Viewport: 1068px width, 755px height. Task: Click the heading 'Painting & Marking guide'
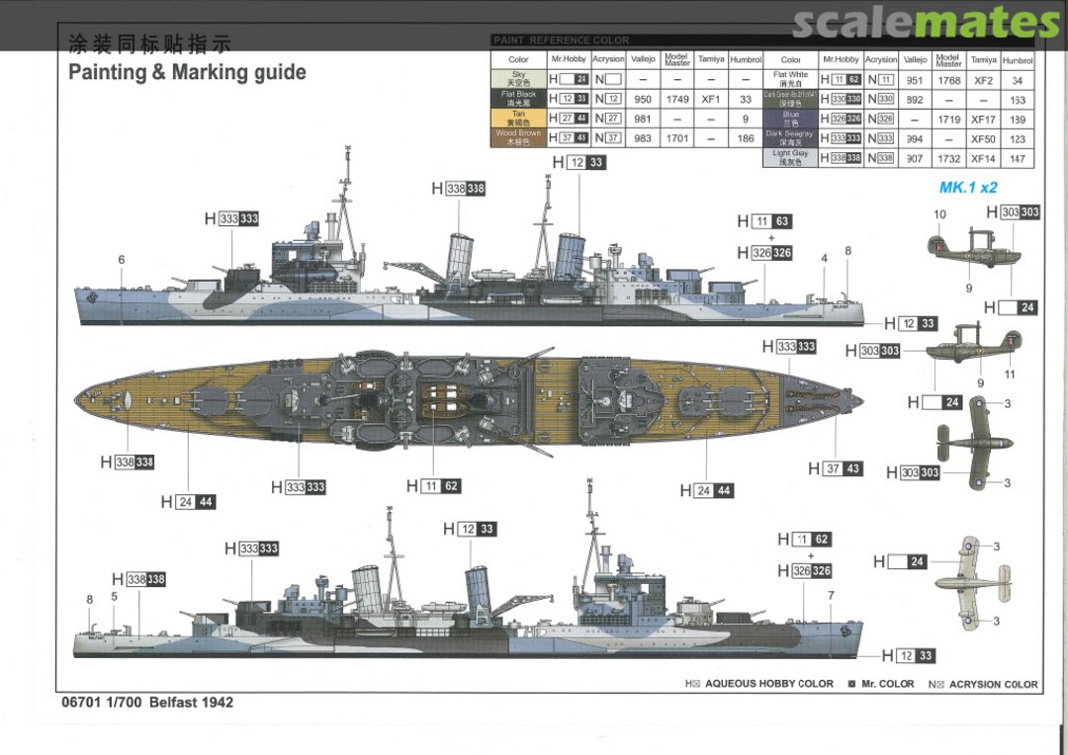187,72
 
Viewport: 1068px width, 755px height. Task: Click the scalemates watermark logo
926,22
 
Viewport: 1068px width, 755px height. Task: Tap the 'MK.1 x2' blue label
967,188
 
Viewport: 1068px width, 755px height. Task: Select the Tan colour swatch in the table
518,119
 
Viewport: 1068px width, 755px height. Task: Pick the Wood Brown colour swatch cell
518,138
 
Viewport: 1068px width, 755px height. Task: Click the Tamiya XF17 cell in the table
982,119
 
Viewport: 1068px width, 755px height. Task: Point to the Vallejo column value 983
643,138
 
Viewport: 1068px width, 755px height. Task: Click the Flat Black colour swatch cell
518,99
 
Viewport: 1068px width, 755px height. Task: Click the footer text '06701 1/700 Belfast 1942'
147,703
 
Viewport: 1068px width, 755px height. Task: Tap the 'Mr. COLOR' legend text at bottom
887,684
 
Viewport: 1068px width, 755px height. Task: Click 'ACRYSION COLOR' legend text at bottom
993,684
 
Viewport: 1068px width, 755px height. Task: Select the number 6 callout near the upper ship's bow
122,260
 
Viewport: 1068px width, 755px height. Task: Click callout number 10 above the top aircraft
939,214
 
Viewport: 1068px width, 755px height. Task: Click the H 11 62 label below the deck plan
433,486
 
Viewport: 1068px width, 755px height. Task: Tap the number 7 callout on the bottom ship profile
831,596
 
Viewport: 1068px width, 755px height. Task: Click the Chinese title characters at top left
148,44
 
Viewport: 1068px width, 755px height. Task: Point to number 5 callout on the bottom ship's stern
114,597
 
